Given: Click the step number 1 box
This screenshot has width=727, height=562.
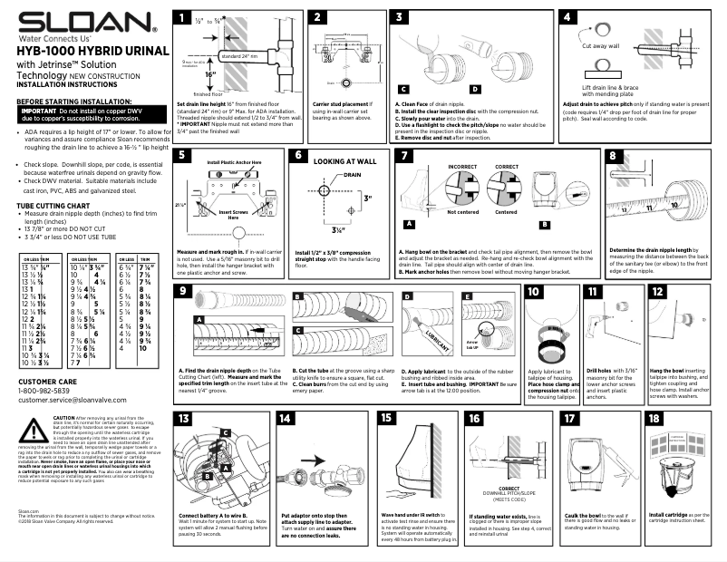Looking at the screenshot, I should coord(183,17).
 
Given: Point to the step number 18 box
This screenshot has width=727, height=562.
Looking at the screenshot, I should coord(654,418).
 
